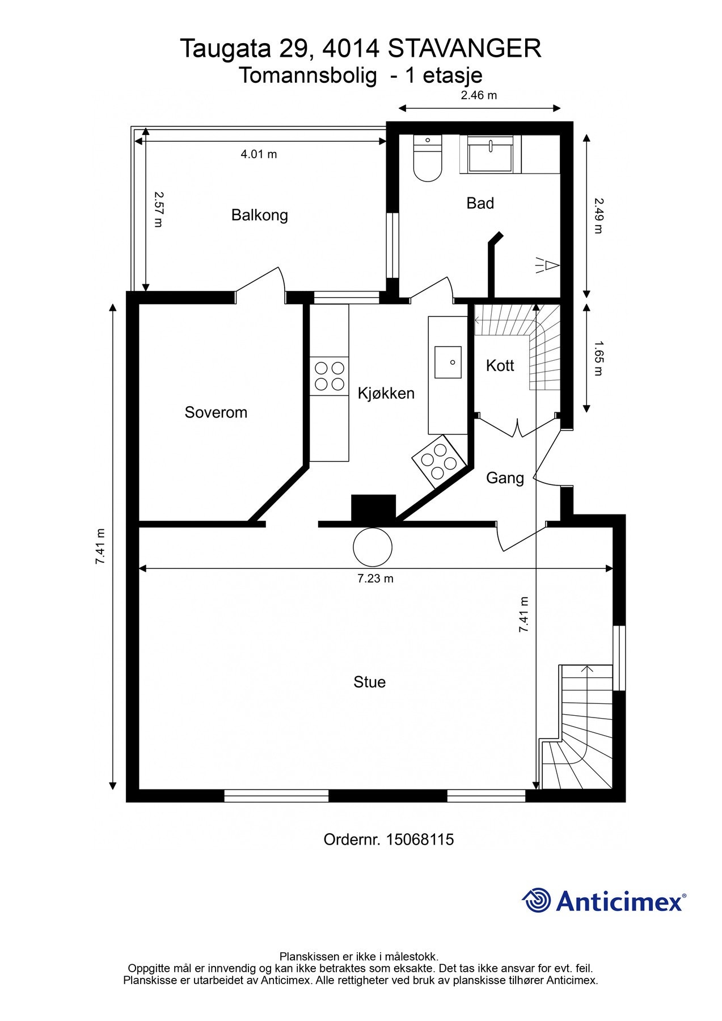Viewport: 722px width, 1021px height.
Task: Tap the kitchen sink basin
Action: pos(448,362)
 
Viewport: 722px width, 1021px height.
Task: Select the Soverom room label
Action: pos(216,412)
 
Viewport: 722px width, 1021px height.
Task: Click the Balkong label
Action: pos(259,216)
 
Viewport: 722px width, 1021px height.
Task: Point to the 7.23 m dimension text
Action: pos(375,579)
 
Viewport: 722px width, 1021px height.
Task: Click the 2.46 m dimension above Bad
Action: pos(479,95)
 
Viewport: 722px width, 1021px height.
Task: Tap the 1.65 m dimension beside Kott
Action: pos(598,358)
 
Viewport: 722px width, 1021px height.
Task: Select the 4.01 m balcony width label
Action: pos(259,154)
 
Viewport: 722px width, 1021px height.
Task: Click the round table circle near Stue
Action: pos(373,547)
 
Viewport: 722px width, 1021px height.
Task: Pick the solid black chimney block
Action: pos(373,508)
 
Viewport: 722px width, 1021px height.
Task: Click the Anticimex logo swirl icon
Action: pos(537,900)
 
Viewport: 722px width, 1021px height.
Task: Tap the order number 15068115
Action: pos(420,839)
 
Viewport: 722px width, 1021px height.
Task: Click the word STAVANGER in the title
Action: pos(465,49)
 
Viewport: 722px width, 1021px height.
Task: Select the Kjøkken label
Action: pos(386,393)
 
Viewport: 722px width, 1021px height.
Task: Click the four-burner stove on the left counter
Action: pos(329,376)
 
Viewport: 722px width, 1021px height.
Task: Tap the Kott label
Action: pos(500,366)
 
